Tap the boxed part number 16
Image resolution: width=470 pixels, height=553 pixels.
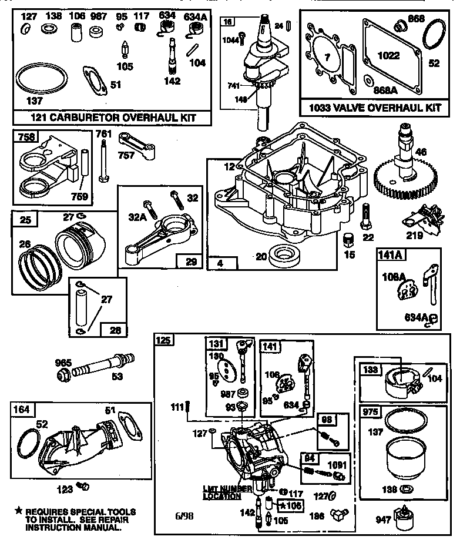point(227,22)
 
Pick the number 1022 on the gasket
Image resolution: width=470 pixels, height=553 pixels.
point(389,56)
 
